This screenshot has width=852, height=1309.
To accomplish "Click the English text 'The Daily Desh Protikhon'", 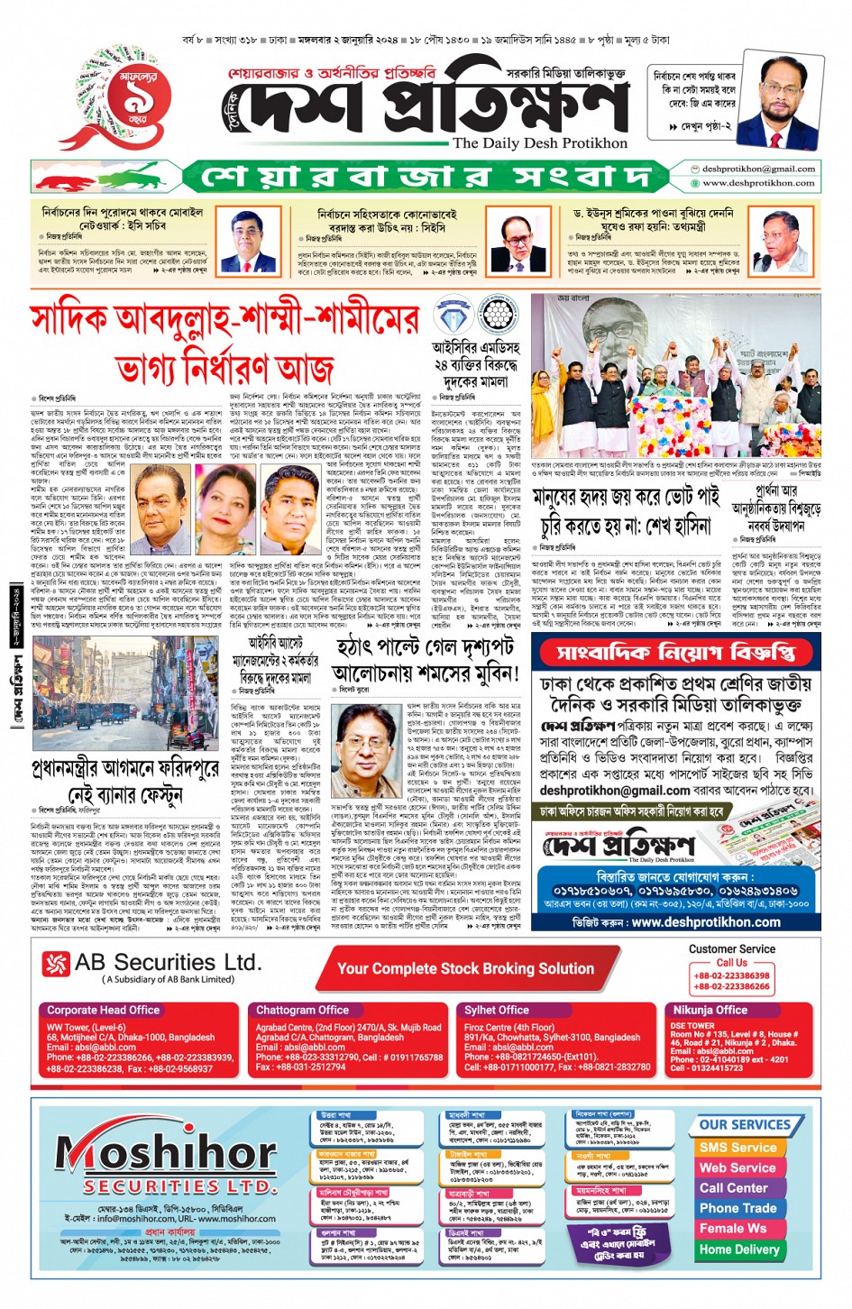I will click(539, 143).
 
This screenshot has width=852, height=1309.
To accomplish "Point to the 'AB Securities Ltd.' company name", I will click(168, 962).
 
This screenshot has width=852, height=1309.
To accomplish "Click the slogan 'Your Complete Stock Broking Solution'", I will click(465, 968).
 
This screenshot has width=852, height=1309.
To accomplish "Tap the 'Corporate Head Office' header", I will click(103, 1010).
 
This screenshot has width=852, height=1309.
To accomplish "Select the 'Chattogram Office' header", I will click(302, 1010).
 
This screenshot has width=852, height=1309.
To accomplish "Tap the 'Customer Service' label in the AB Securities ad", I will click(731, 948).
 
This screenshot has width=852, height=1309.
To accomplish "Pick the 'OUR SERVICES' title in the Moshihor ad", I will click(745, 1124).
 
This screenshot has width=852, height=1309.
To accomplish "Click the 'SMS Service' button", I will click(737, 1148).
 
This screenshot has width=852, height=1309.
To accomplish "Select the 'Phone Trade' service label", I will click(737, 1208).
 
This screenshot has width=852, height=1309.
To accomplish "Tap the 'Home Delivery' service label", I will click(738, 1249).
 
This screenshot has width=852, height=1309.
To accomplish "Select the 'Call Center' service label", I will click(733, 1188).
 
